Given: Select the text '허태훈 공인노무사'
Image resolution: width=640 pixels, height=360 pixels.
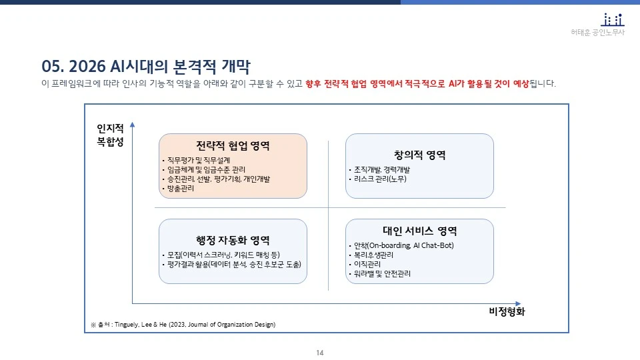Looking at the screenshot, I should (x=598, y=33).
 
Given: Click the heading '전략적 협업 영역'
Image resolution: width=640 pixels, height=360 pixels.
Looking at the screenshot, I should (x=233, y=145).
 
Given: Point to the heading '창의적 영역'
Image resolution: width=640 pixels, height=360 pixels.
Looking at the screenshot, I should (x=419, y=155).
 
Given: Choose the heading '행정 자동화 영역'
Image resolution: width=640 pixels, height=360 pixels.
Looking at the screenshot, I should (x=233, y=240).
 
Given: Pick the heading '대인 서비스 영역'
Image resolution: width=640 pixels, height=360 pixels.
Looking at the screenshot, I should (x=419, y=231).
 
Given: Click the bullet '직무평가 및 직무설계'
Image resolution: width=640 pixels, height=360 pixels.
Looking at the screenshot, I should (x=196, y=160).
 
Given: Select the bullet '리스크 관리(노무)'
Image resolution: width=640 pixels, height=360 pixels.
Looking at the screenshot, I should (x=380, y=179).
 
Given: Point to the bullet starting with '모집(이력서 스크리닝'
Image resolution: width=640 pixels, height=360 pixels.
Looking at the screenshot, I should (x=223, y=255).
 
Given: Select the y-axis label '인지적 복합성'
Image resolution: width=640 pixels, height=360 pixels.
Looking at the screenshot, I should (x=110, y=134).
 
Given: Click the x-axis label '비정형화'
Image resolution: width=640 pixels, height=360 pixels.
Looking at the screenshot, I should (x=507, y=312).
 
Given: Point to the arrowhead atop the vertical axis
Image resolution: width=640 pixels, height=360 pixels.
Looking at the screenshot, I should (x=133, y=124).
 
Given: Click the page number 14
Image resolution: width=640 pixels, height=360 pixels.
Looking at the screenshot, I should (x=320, y=352).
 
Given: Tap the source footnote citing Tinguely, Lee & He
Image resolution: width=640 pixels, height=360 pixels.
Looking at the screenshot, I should (x=183, y=324).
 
